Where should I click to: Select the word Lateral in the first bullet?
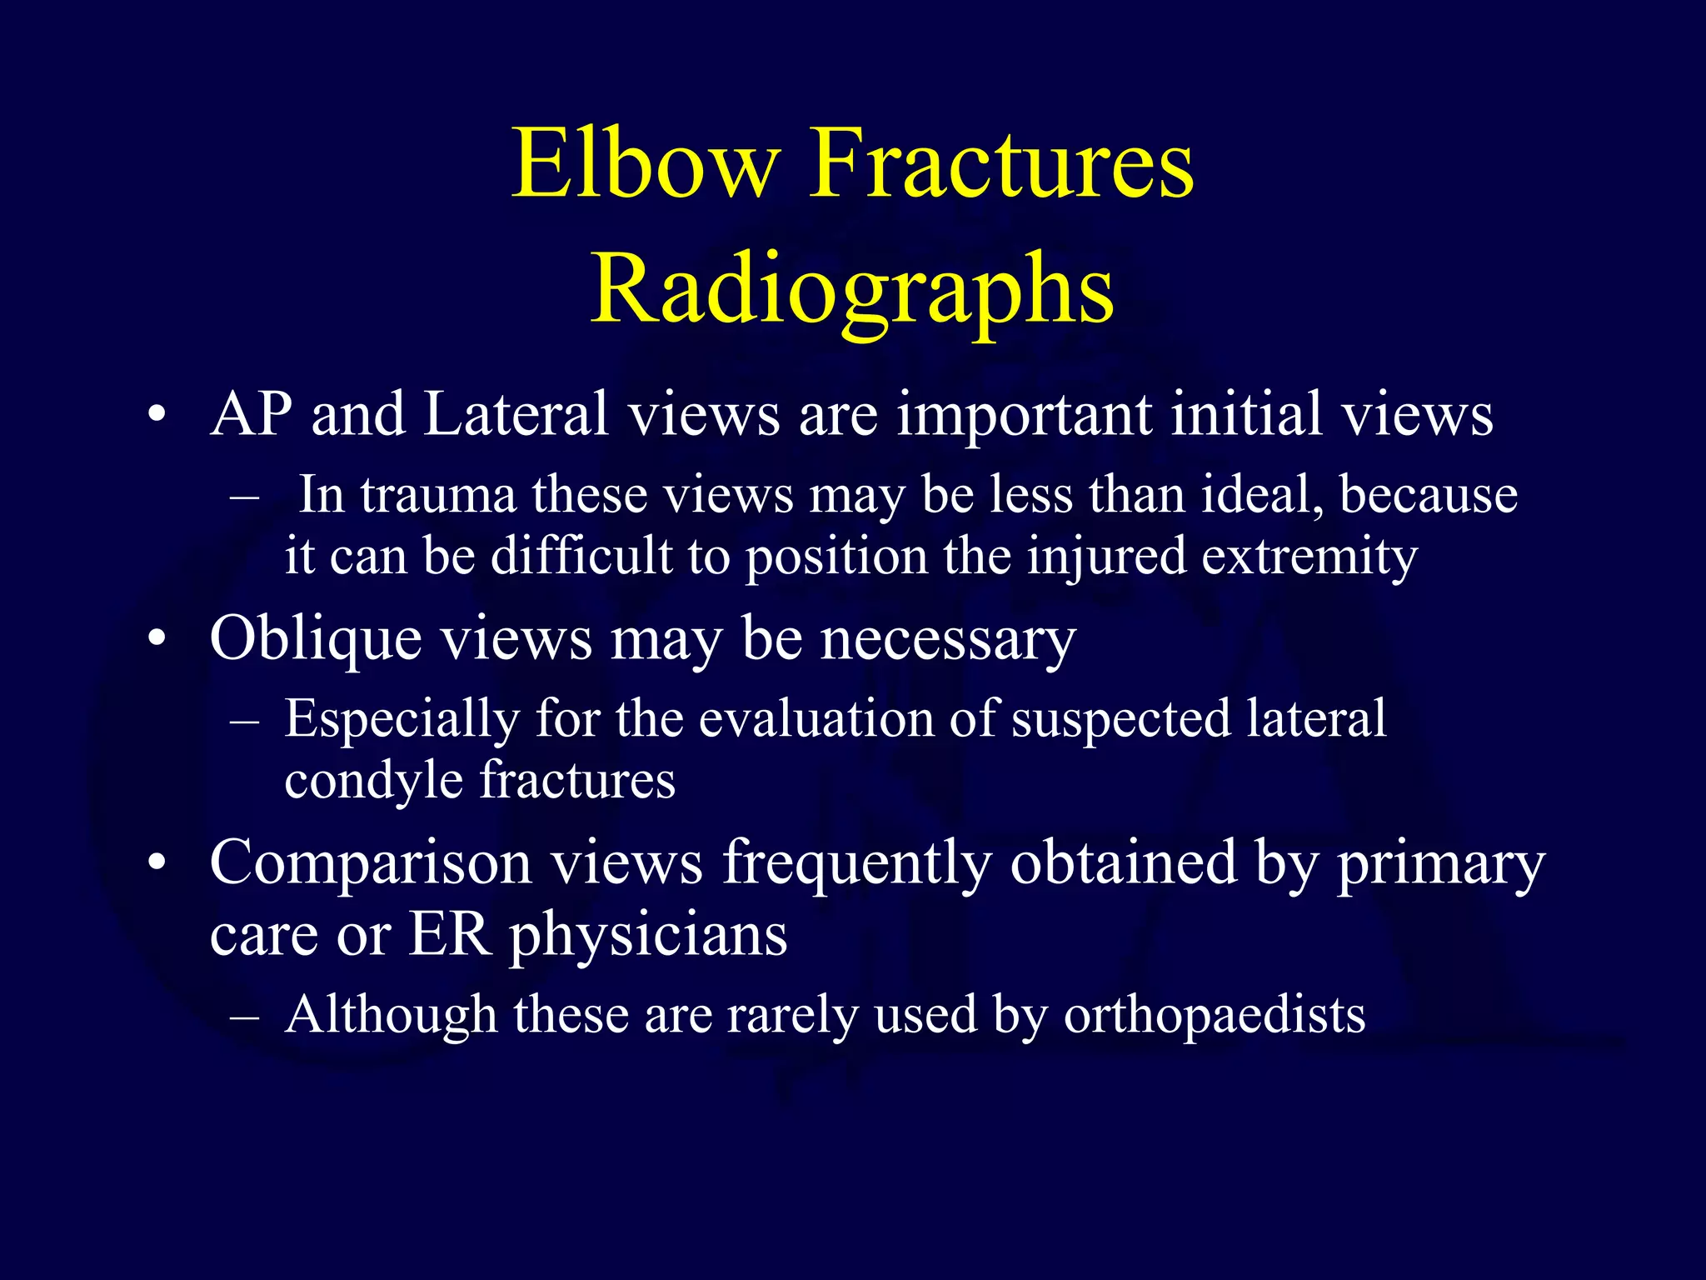[516, 414]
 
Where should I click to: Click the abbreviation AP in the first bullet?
[251, 414]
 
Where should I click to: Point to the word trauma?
[438, 496]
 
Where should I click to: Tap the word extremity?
[1309, 557]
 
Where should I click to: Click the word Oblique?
[316, 640]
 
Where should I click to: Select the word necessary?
[949, 640]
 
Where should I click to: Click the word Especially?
[402, 719]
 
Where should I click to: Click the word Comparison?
[371, 864]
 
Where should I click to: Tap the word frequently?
[856, 864]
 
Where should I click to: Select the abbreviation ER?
[448, 935]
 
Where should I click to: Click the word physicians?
[648, 935]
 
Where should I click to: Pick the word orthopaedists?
[1214, 1015]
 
